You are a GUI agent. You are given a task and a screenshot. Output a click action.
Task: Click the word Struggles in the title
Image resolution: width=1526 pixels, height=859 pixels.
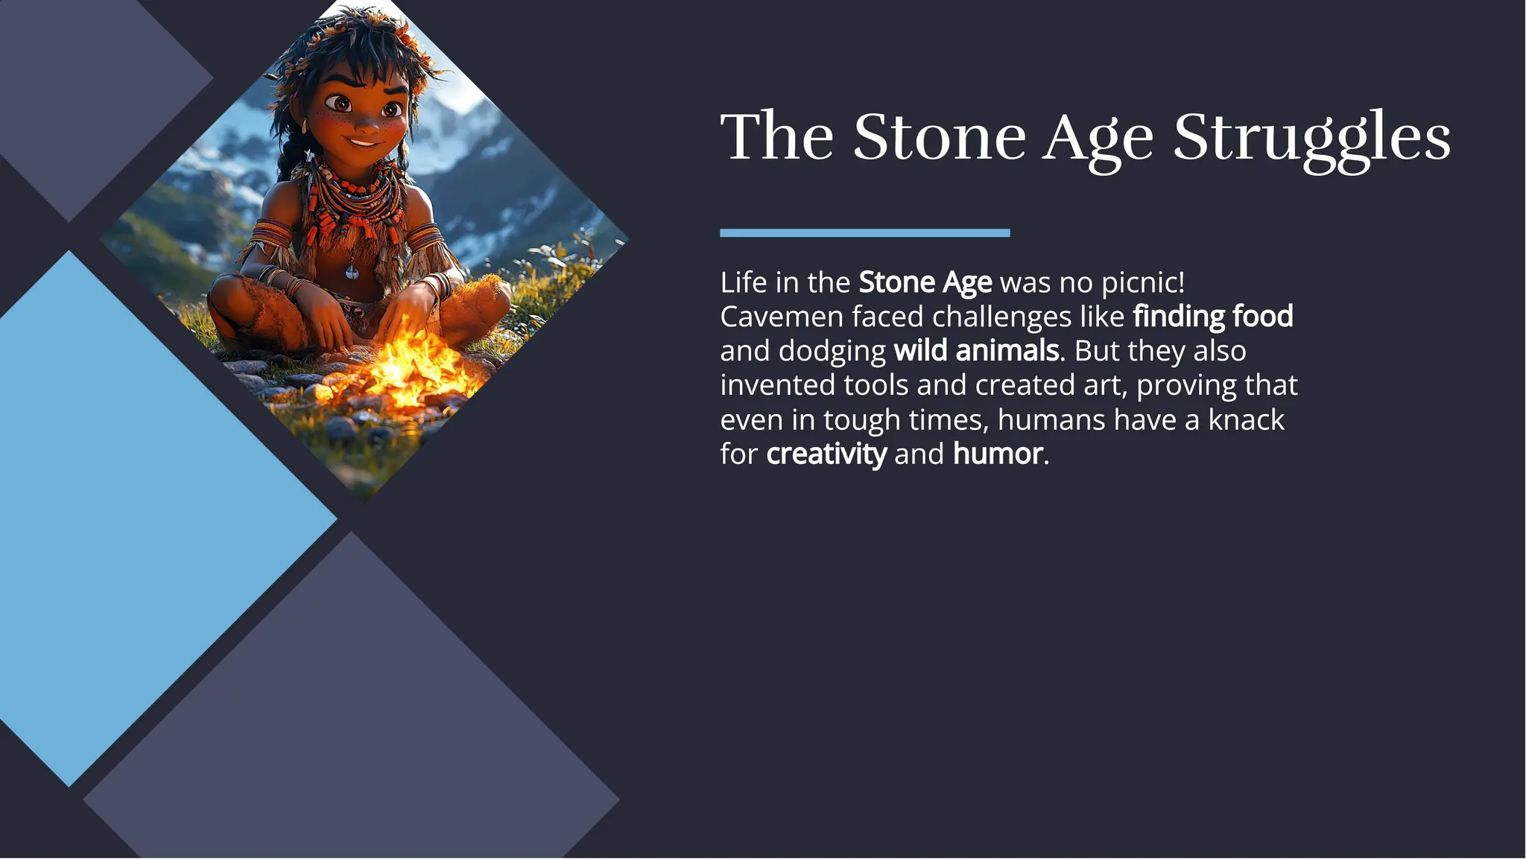(1311, 138)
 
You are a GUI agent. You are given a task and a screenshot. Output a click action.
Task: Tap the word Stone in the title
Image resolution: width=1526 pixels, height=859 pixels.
(940, 138)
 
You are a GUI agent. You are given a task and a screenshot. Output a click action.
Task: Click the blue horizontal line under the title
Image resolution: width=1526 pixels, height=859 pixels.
(864, 233)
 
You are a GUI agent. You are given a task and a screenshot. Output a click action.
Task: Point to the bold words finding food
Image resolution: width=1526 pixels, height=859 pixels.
(1212, 317)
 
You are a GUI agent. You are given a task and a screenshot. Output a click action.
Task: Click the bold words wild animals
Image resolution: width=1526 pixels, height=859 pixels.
(976, 351)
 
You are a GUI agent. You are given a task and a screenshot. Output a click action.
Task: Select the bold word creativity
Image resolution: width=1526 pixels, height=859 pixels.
(826, 454)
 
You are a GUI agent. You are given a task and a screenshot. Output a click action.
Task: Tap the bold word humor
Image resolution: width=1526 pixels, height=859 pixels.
(997, 454)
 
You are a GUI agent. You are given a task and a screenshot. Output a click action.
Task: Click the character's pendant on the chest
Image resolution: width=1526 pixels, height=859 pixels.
(352, 271)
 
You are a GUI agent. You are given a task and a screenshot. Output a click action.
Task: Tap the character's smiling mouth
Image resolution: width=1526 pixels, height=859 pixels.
(364, 142)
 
